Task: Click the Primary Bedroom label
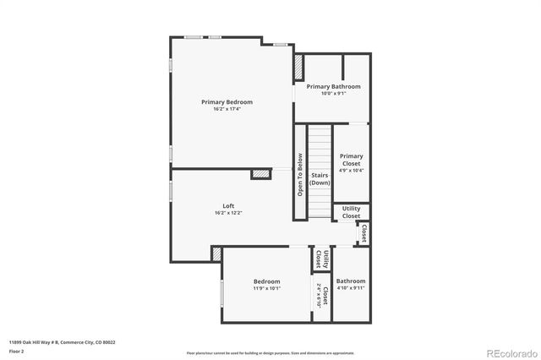coord(227,102)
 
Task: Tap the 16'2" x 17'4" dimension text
coord(227,109)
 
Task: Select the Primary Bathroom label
coord(333,86)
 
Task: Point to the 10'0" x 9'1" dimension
coord(333,93)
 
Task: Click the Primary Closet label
coord(351,159)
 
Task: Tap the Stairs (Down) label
coord(320,179)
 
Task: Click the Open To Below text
coord(299,173)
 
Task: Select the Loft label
coord(228,206)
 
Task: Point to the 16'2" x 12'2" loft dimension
coord(228,213)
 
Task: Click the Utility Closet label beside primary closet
coord(351,212)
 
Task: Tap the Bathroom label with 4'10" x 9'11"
coord(351,281)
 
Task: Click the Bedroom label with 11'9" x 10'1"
coord(267,281)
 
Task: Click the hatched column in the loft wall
coord(260,173)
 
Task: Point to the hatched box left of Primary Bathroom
coord(298,68)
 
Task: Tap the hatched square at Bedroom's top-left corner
coord(217,254)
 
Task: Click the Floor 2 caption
coord(17,351)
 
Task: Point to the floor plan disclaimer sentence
coord(270,352)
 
